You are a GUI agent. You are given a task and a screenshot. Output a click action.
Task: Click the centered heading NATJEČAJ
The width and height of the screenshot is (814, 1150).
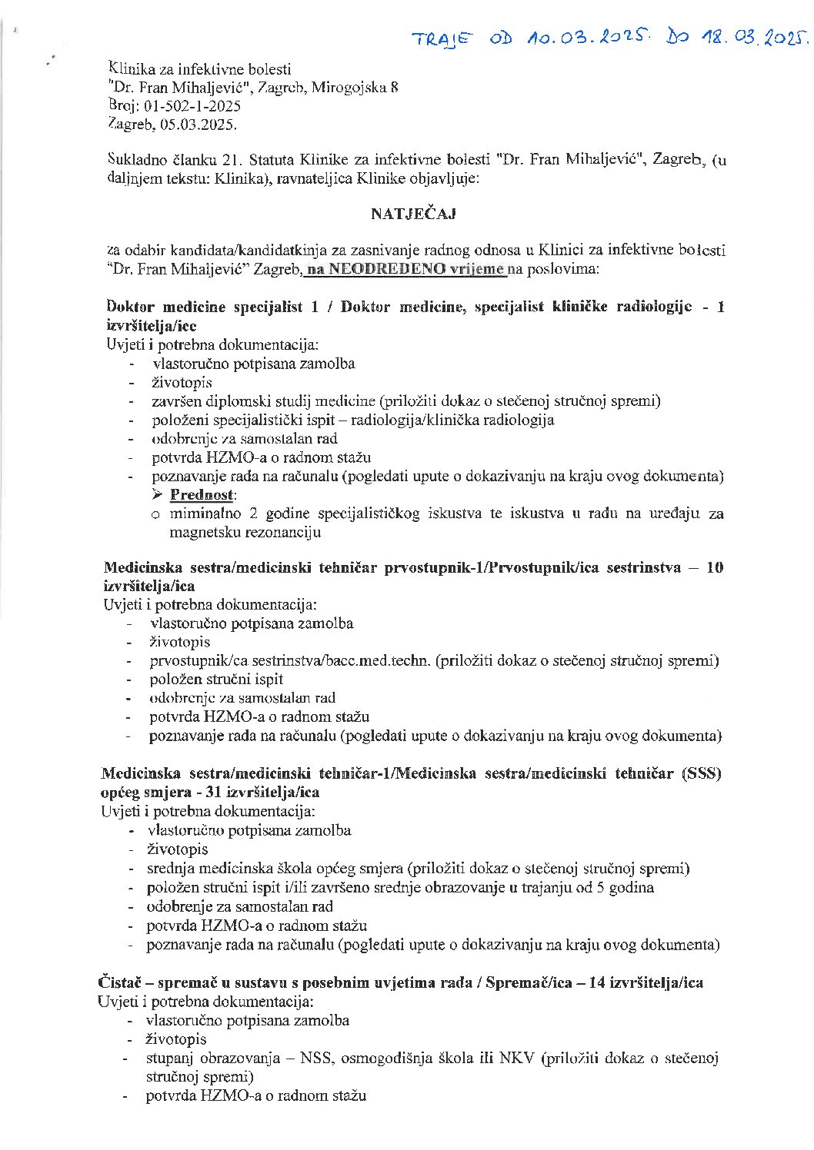413,214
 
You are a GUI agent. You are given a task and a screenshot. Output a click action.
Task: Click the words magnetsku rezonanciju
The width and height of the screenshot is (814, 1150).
245,532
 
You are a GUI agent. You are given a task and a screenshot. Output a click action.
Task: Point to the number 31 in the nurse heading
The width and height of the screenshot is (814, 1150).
204,792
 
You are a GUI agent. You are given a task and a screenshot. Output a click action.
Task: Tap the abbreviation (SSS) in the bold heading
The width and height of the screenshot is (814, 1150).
701,773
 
